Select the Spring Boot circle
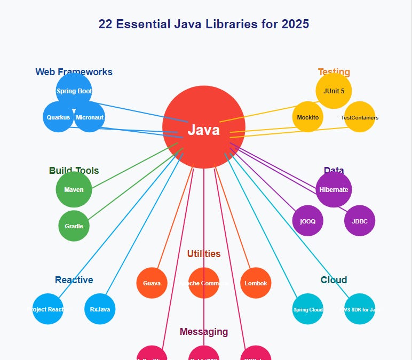pyautogui.click(x=74, y=91)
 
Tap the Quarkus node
pyautogui.click(x=58, y=117)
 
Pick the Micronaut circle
pyautogui.click(x=90, y=117)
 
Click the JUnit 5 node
pyautogui.click(x=334, y=91)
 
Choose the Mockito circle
pyautogui.click(x=308, y=117)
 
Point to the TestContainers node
pyautogui.click(x=360, y=117)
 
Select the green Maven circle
pyautogui.click(x=74, y=189)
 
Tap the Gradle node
pyautogui.click(x=74, y=226)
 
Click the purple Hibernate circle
pyautogui.click(x=334, y=189)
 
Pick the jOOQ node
pyautogui.click(x=308, y=220)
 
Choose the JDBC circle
pyautogui.click(x=360, y=220)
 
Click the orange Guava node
pyautogui.click(x=152, y=283)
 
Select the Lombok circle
pyautogui.click(x=256, y=283)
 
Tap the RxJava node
pyautogui.click(x=100, y=308)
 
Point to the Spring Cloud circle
pyautogui.click(x=308, y=308)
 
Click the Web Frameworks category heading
pyautogui.click(x=74, y=72)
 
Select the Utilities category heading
pyautogui.click(x=204, y=254)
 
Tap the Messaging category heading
pyautogui.click(x=204, y=332)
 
